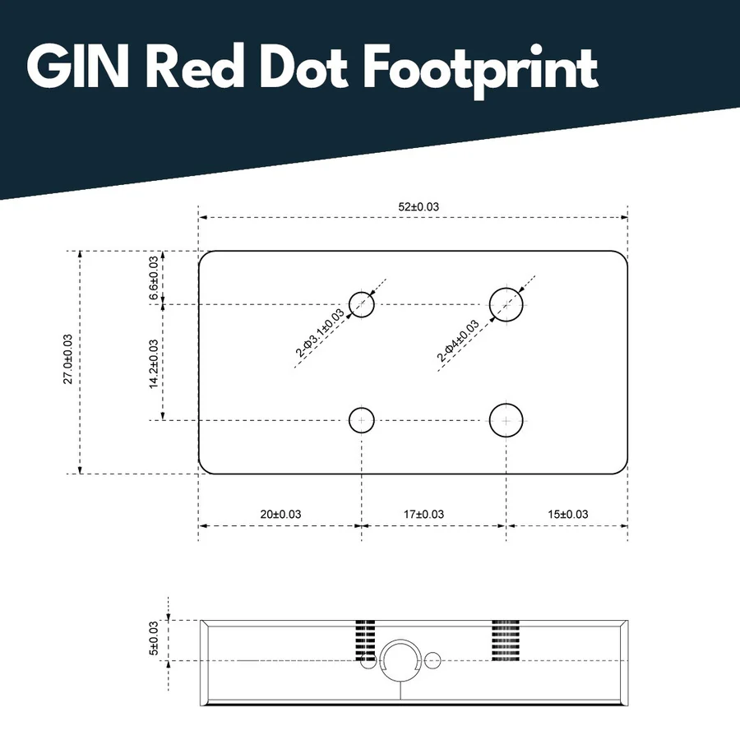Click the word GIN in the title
77,66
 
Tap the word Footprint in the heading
480,71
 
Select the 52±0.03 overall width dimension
419,206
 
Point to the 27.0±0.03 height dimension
68,359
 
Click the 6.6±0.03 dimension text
154,278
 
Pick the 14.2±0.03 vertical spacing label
154,364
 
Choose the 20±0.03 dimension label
280,514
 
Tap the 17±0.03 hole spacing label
423,514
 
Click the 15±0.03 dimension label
567,514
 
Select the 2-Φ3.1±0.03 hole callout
320,333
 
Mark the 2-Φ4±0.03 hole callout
458,340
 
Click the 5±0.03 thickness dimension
154,638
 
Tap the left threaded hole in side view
365,641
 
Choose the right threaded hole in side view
506,641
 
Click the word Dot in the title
303,67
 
